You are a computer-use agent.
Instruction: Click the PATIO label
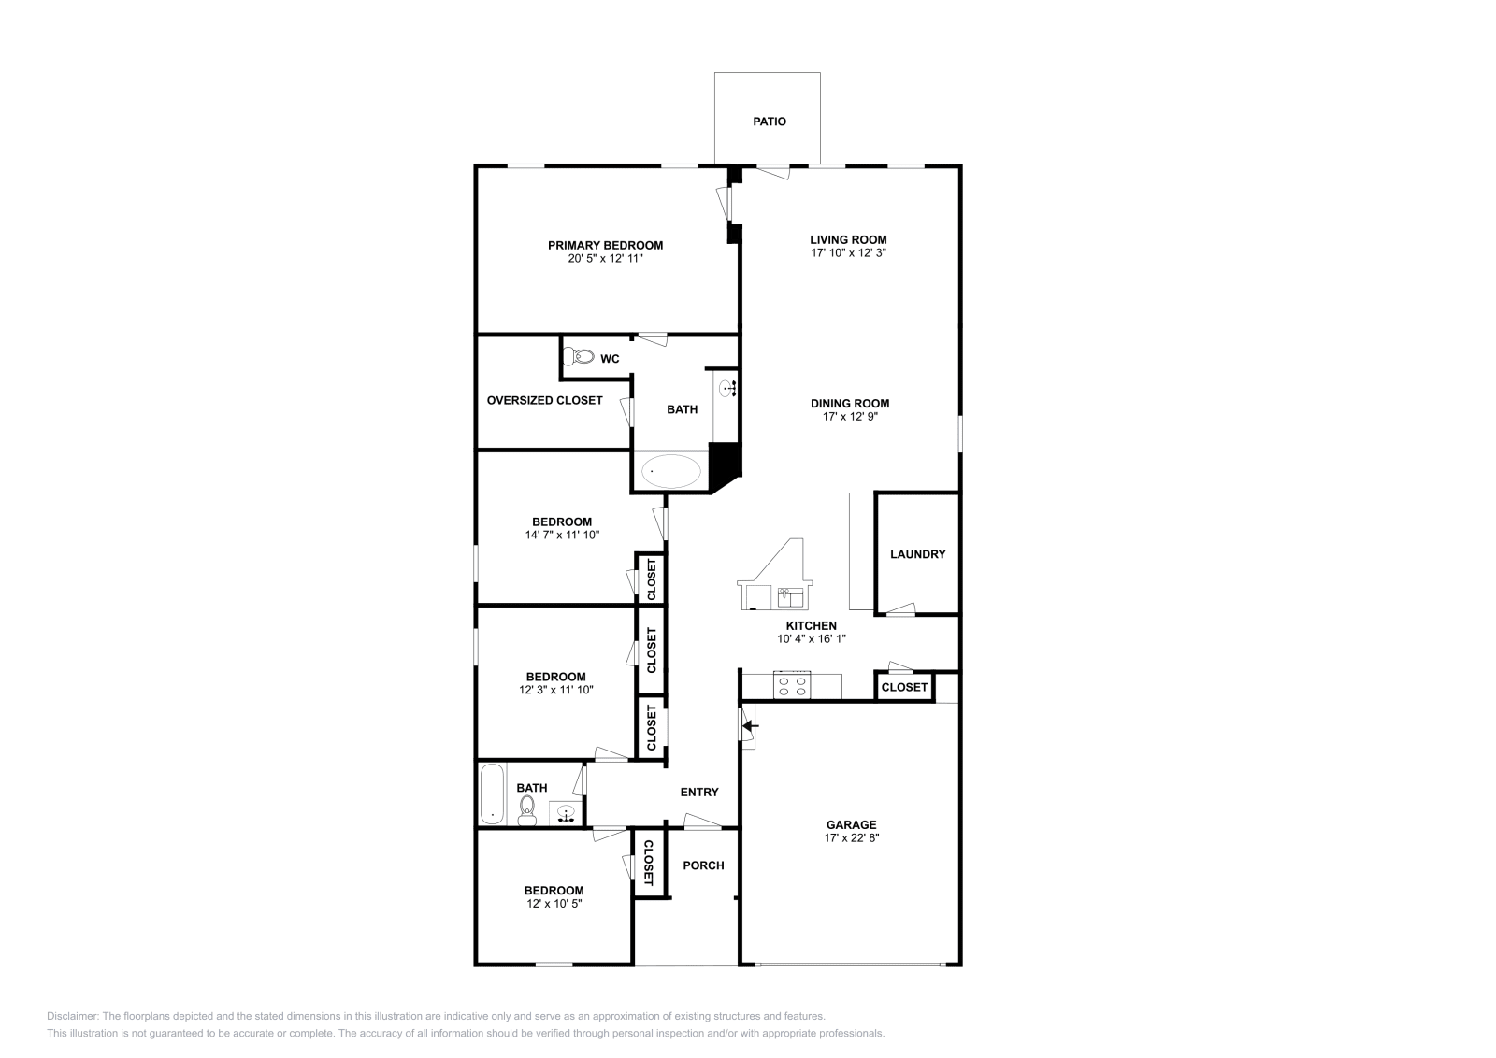(x=770, y=122)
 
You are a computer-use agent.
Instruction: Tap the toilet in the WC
(x=580, y=356)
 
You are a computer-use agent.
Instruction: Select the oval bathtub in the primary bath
(x=671, y=471)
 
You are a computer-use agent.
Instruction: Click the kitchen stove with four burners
(x=792, y=685)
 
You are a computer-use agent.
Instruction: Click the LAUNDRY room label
(x=917, y=554)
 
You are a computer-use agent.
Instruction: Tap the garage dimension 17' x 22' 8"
(x=851, y=838)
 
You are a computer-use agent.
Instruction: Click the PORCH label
(x=703, y=865)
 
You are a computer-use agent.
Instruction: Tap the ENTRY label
(x=699, y=793)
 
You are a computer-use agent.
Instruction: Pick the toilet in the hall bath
(x=526, y=809)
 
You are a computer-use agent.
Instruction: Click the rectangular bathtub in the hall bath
(x=492, y=793)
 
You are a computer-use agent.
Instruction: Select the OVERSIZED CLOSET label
(x=544, y=400)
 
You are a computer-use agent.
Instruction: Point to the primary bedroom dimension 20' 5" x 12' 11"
(x=605, y=258)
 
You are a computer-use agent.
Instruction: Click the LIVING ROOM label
(x=848, y=239)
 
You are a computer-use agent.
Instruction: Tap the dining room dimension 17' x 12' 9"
(x=850, y=417)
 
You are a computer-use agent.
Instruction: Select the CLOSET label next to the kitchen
(x=904, y=687)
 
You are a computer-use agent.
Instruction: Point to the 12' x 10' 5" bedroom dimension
(x=554, y=904)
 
